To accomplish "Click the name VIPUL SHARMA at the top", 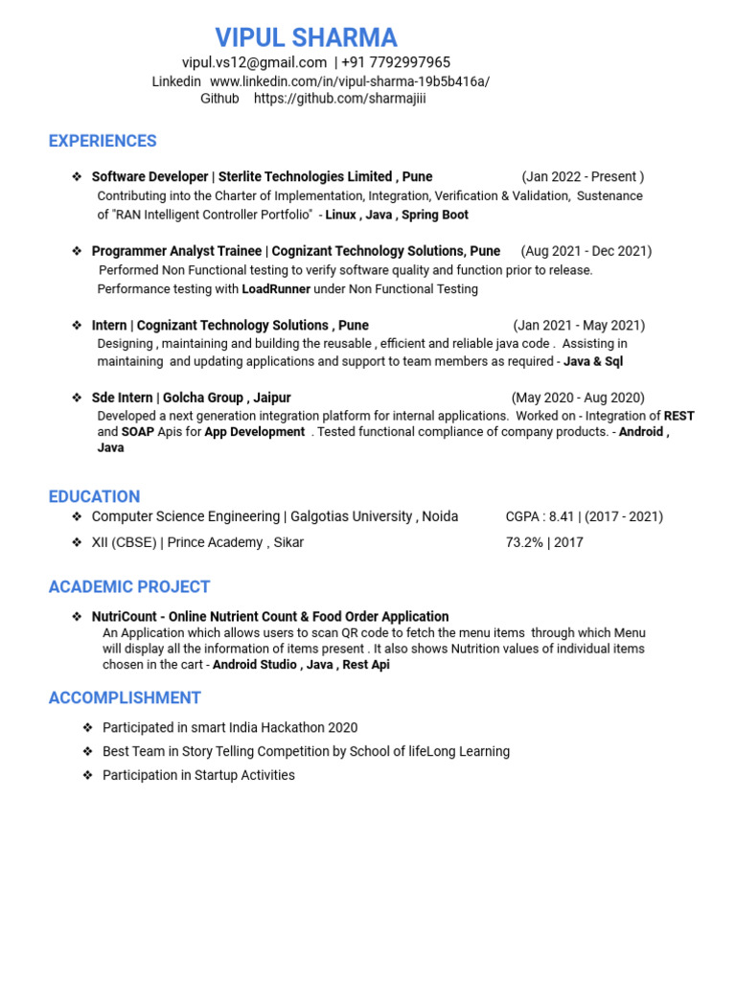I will tap(306, 37).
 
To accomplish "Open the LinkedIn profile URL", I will tap(349, 81).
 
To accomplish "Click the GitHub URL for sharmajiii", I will tap(340, 99).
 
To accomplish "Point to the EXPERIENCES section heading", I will tap(103, 141).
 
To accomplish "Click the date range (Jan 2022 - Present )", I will tap(583, 176).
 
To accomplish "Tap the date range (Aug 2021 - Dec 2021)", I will tap(586, 251).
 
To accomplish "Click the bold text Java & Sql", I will tap(593, 361).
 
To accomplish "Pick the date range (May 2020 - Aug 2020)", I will tap(578, 398).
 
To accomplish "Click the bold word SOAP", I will tap(138, 431).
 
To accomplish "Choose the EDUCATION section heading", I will tap(94, 496).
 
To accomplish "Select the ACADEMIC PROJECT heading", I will tap(129, 586).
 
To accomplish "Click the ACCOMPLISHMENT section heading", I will tap(125, 697).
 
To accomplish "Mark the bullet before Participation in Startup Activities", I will tap(87, 775).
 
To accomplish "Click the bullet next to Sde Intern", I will tap(77, 398).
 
